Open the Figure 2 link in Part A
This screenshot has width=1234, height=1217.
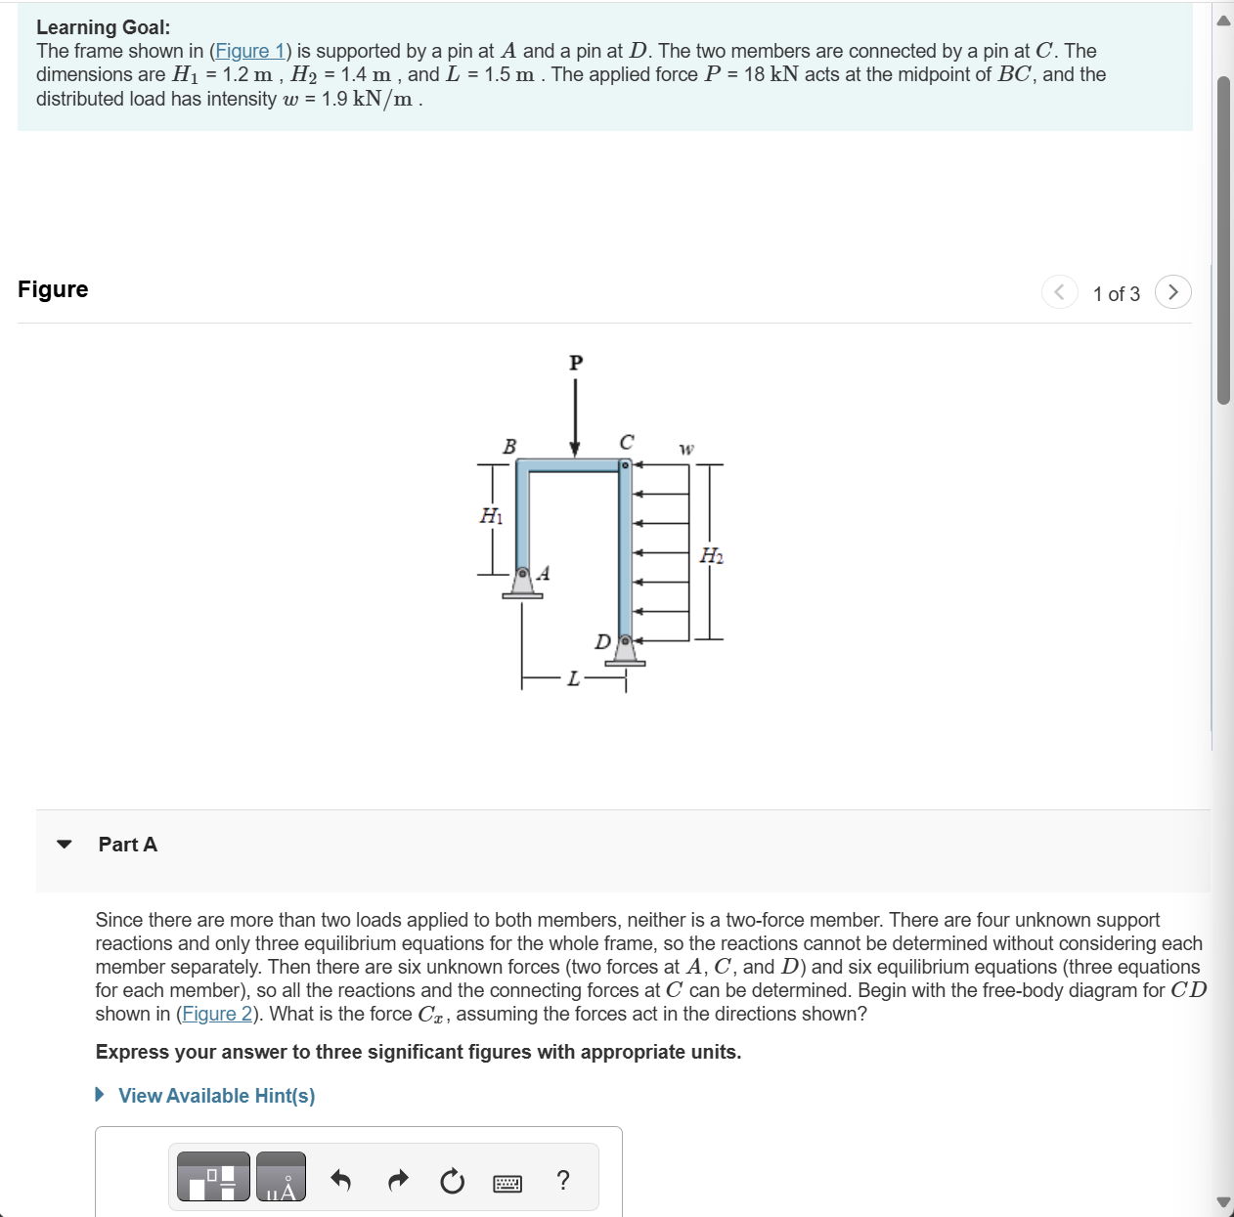point(217,1014)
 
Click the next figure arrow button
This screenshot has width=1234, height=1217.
point(1172,292)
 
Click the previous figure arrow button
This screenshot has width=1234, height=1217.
point(1059,292)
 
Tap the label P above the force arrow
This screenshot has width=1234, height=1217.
point(576,363)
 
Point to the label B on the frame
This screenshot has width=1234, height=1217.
point(508,447)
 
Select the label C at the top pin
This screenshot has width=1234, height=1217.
point(627,442)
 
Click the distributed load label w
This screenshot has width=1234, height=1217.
point(686,449)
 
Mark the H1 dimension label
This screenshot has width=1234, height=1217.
point(491,515)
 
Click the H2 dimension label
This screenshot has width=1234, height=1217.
point(712,556)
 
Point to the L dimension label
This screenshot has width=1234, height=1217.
point(574,678)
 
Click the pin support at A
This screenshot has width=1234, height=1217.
point(523,582)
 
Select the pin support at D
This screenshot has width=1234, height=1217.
point(625,650)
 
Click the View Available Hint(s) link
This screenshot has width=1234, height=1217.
point(216,1096)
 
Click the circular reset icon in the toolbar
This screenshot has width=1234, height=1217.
point(452,1181)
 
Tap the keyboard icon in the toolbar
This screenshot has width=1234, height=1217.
point(507,1183)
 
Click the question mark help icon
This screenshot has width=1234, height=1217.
point(562,1180)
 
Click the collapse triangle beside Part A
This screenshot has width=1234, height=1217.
point(65,845)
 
